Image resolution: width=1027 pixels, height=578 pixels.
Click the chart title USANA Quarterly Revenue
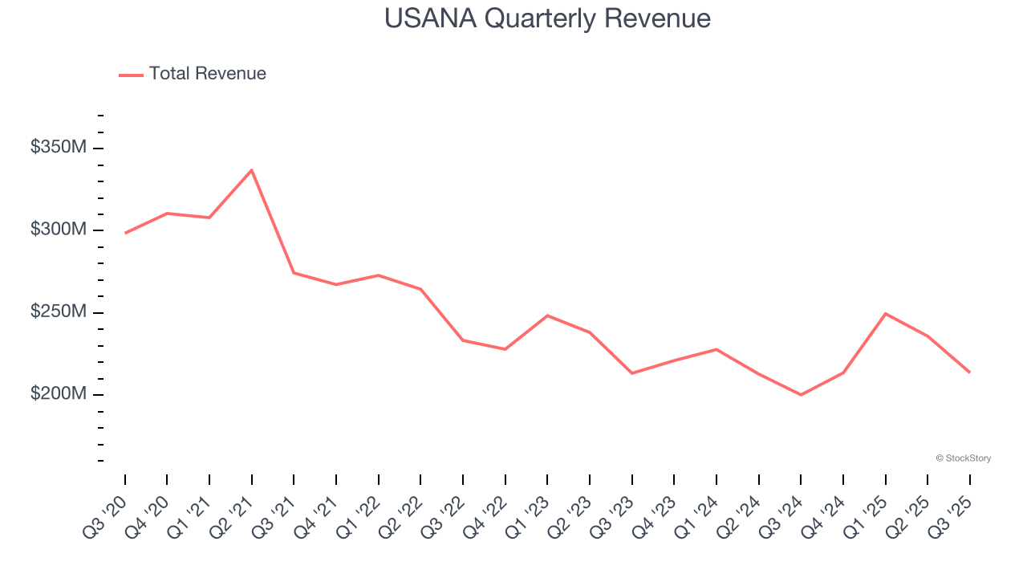547,18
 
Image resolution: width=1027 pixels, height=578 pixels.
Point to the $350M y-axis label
58,148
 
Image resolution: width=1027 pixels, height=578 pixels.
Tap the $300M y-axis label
58,230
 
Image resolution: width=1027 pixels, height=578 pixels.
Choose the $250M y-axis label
58,311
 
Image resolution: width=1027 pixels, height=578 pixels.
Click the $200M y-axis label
58,394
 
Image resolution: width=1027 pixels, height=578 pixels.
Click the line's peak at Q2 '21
252,170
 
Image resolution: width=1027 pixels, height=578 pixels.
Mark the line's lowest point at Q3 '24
801,395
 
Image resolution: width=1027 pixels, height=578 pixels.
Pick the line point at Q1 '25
885,313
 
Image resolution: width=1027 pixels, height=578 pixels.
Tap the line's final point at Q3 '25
969,372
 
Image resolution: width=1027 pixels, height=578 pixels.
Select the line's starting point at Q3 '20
125,233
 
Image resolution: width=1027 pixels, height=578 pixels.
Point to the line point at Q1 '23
547,315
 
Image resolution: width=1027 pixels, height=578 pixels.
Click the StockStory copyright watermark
963,458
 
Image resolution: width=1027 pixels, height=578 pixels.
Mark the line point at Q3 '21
294,273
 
